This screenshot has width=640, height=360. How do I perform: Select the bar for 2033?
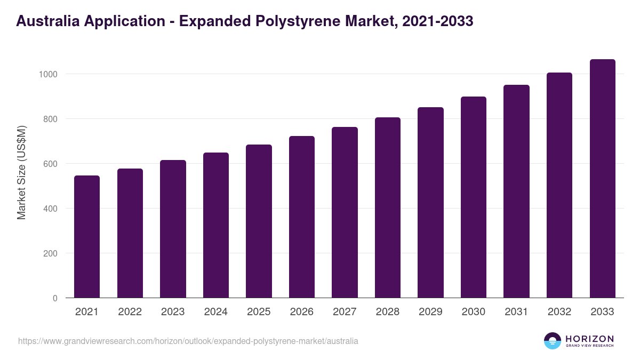click(x=602, y=179)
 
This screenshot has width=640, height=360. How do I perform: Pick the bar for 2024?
click(x=216, y=225)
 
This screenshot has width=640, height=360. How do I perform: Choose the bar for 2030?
click(x=474, y=197)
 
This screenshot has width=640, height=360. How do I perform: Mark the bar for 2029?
click(x=430, y=203)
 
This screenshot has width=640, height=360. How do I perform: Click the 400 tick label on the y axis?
click(x=50, y=209)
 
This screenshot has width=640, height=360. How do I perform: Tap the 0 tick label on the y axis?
click(x=54, y=298)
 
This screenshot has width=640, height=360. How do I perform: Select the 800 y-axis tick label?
click(x=50, y=119)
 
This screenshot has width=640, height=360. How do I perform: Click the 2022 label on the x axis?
click(x=130, y=312)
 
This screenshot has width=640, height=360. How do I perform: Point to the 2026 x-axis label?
click(x=301, y=312)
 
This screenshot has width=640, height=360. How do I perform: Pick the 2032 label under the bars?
click(x=559, y=312)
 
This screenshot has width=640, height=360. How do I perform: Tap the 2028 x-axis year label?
click(x=387, y=312)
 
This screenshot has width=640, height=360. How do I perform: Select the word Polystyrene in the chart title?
click(x=299, y=22)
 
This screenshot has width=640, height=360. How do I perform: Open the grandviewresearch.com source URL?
click(x=188, y=341)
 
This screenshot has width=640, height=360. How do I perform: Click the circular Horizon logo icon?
click(x=553, y=341)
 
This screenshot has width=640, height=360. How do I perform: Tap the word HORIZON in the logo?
click(x=589, y=338)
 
